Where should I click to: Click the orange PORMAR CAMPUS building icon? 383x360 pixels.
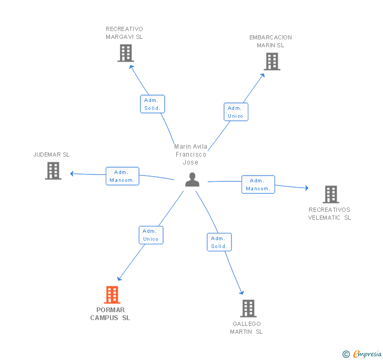coord(112,295)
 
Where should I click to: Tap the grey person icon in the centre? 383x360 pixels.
coord(192,180)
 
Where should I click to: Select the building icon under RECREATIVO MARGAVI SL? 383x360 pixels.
coord(126,53)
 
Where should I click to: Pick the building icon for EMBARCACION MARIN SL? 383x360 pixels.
coord(272,61)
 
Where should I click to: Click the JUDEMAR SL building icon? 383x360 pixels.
coord(53,171)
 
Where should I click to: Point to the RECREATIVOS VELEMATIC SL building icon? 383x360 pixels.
coord(331,194)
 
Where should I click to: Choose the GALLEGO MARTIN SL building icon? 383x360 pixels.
coord(248,308)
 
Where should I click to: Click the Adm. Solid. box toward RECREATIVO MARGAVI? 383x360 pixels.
coord(153,104)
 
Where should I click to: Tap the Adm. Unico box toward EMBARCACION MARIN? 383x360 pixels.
coord(236,112)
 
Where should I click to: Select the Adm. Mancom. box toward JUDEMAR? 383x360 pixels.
coord(123,176)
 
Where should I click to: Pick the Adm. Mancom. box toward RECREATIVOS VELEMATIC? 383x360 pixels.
coord(258,184)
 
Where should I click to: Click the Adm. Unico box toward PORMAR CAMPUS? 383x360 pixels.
coord(151,235)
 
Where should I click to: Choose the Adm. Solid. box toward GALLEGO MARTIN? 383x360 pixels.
coord(219,242)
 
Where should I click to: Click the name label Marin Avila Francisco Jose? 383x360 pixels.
coord(191,155)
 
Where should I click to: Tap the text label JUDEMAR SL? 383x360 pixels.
coord(52,155)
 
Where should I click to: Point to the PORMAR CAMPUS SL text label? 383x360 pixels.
coord(110,314)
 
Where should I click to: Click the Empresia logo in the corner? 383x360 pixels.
coord(362,354)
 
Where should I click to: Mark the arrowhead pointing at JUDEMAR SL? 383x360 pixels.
coord(72,173)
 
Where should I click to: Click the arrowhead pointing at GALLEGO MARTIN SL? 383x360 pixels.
coord(242,293)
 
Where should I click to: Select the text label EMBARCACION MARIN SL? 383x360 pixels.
coord(270,41)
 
